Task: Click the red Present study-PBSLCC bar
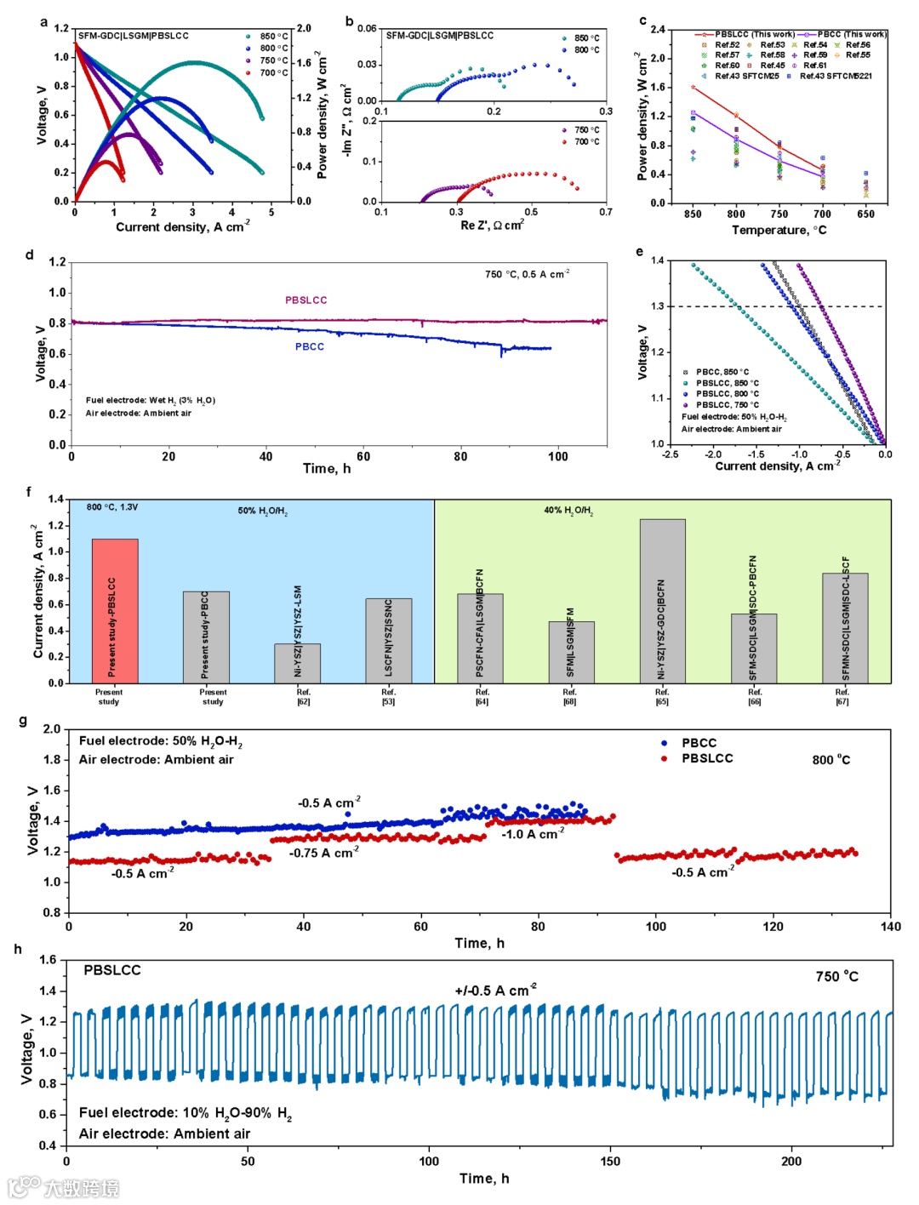(x=115, y=610)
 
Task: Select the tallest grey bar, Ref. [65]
(x=662, y=601)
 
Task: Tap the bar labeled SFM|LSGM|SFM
(x=571, y=652)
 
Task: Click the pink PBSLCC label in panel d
(x=305, y=300)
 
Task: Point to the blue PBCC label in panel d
(x=309, y=346)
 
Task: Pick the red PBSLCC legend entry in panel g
(x=706, y=758)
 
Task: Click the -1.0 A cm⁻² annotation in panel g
(x=532, y=835)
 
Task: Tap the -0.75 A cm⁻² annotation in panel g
(x=323, y=853)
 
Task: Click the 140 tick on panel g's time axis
(x=890, y=927)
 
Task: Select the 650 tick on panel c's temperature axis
(x=865, y=214)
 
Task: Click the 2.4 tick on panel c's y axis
(x=657, y=30)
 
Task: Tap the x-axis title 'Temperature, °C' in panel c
(x=779, y=230)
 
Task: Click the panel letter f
(x=29, y=492)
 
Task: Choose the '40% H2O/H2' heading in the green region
(x=568, y=511)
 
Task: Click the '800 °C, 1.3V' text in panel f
(x=111, y=507)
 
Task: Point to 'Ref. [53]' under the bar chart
(x=388, y=697)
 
